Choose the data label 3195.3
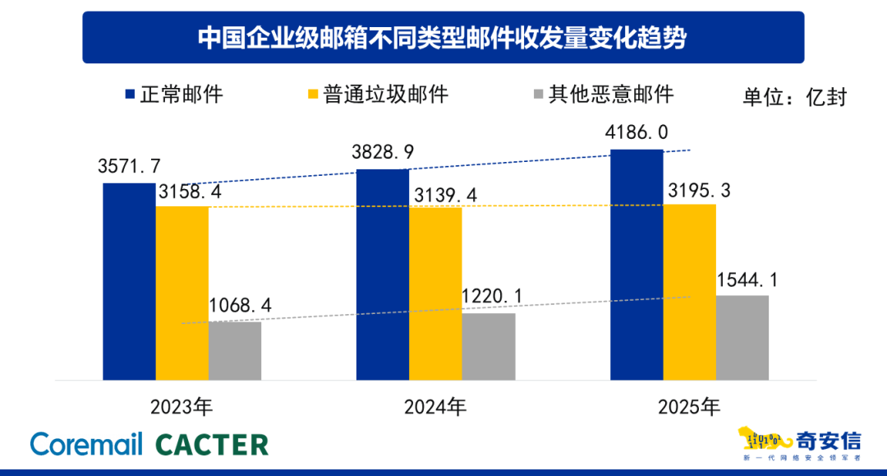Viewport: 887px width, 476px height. (696, 191)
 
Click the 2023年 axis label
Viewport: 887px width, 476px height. (182, 407)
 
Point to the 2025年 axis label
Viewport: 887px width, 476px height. (689, 407)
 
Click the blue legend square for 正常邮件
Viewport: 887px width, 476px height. (129, 94)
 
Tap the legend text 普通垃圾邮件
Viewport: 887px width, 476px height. (386, 94)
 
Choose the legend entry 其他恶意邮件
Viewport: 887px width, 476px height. (611, 94)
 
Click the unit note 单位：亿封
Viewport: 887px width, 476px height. (794, 96)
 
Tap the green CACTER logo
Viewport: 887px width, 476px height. (212, 445)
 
